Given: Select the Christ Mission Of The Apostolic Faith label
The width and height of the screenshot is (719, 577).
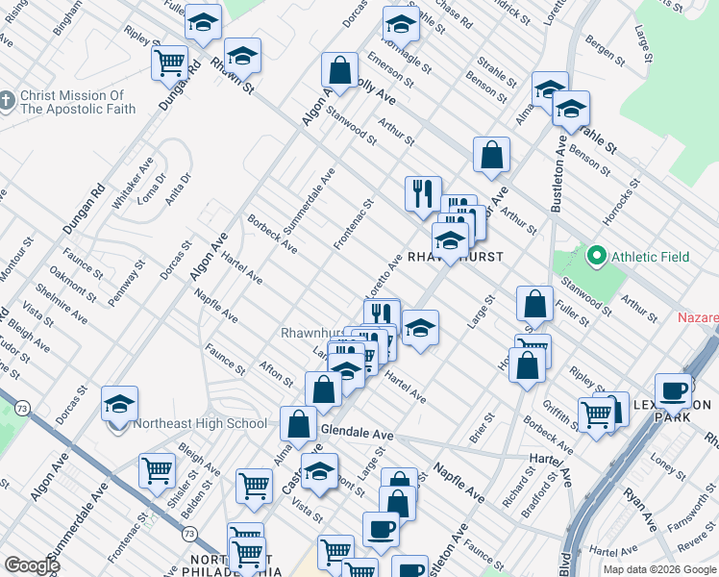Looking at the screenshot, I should tap(72, 102).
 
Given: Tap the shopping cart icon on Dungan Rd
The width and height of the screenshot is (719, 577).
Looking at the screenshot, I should tap(169, 63).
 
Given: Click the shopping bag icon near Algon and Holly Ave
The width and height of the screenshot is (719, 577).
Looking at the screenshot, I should tap(339, 69).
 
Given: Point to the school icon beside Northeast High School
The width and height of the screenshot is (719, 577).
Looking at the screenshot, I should tap(120, 403).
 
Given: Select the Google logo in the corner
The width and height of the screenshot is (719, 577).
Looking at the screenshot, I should tap(32, 565).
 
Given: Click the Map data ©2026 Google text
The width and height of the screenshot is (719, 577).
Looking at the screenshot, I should tap(659, 569).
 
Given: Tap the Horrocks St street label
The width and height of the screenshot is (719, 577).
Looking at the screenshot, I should tap(619, 200).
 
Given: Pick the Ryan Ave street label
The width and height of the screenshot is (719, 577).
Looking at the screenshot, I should tap(639, 510).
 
